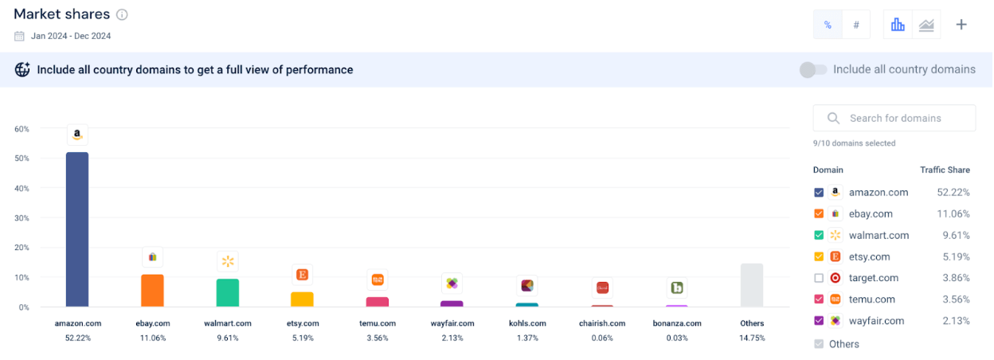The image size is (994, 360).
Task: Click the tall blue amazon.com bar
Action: [x=77, y=229]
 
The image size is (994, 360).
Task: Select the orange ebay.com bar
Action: [x=152, y=291]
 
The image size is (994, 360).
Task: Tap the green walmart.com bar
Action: [x=228, y=293]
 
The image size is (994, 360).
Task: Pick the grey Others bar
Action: [x=751, y=285]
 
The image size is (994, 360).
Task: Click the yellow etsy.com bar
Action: [x=302, y=299]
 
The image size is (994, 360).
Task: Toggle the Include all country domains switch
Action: [x=813, y=70]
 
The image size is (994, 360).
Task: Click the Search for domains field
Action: [x=894, y=118]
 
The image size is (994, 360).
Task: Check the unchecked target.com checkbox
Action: [x=819, y=278]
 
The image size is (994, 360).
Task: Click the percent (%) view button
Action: [x=828, y=25]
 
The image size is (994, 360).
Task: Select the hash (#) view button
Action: [x=856, y=25]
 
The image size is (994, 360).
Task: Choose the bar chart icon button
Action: [x=898, y=25]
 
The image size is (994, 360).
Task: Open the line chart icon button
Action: [x=926, y=25]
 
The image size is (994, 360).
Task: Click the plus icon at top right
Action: [x=961, y=25]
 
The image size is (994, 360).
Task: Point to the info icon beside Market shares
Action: [x=122, y=14]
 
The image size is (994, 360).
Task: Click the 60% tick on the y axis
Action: [x=22, y=129]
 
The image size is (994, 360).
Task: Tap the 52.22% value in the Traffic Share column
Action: [x=953, y=193]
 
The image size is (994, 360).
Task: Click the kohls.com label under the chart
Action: [x=527, y=323]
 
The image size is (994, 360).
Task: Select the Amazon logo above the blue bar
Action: [x=77, y=135]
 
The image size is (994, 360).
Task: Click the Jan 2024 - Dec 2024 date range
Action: [x=70, y=36]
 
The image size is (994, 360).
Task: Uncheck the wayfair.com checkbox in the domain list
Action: [x=819, y=321]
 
